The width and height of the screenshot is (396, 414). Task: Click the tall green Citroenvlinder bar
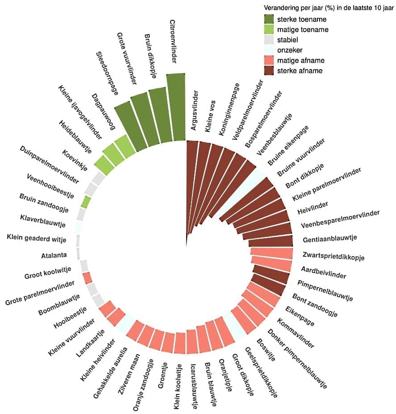176,107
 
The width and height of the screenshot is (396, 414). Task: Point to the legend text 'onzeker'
290,50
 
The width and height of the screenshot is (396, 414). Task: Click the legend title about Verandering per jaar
326,8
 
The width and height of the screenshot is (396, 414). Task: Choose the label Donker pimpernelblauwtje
297,359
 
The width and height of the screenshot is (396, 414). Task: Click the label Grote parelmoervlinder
40,294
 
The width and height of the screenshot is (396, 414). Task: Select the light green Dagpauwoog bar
125,147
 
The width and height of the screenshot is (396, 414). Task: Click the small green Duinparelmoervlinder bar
86,202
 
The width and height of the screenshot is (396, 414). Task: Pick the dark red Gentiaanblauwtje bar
271,241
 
